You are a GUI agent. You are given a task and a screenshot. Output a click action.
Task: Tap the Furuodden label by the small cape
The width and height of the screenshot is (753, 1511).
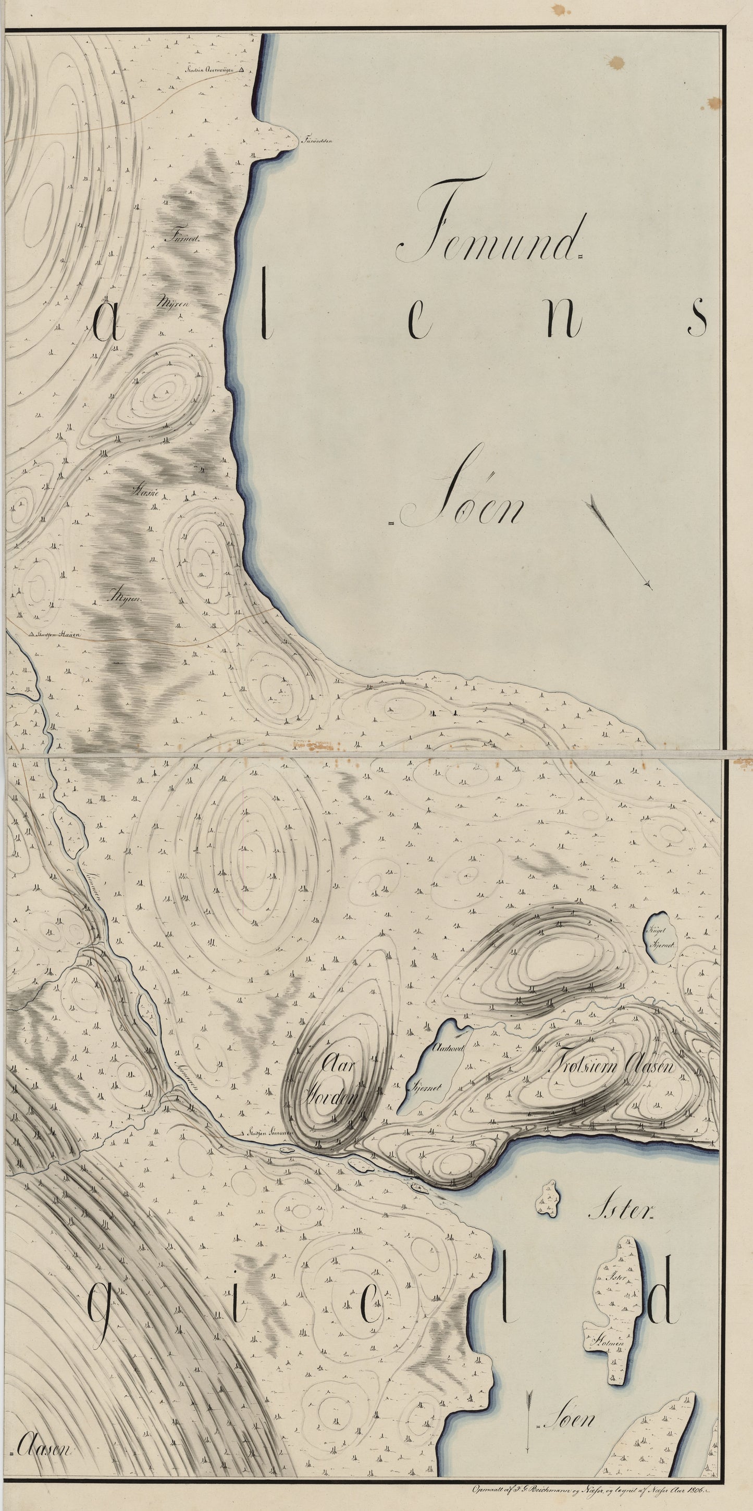click(x=317, y=140)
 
